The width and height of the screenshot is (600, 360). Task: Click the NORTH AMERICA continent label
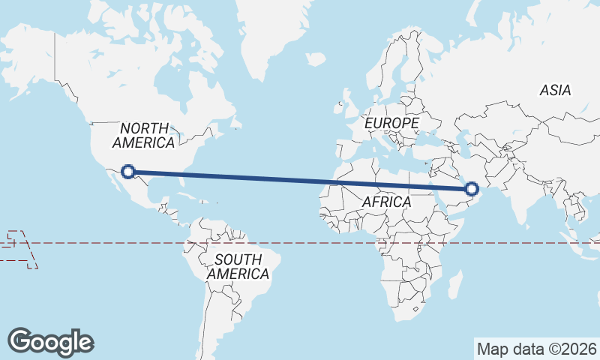click(x=144, y=135)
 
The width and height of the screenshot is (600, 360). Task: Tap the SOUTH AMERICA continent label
click(x=238, y=267)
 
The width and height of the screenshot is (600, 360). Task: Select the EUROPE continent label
click(x=391, y=122)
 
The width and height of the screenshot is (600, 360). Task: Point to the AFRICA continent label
click(x=386, y=202)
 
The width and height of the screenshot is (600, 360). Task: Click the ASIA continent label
click(x=555, y=90)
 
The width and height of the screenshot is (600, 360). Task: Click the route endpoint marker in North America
click(x=128, y=172)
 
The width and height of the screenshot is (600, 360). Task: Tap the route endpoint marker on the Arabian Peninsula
click(x=472, y=189)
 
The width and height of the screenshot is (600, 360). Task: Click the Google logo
click(x=50, y=342)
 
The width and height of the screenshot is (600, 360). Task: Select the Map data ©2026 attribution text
click(x=537, y=349)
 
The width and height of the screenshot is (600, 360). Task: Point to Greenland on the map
click(x=270, y=37)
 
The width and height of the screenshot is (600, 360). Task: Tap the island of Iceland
click(x=316, y=58)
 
